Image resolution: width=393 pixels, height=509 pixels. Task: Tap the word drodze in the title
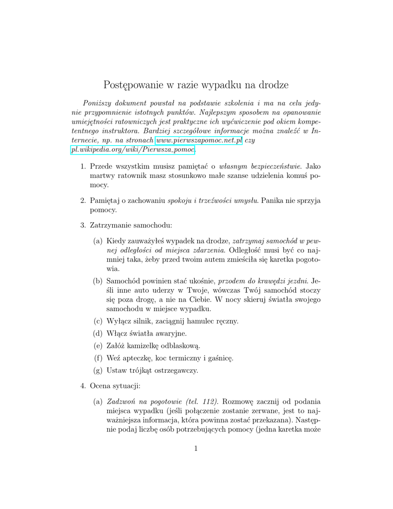272,85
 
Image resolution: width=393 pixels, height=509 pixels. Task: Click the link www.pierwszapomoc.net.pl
199,141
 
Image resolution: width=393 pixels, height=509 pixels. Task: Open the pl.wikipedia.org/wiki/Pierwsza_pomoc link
133,150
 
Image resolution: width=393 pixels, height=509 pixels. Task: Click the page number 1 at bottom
196,449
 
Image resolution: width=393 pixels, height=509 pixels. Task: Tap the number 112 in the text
212,401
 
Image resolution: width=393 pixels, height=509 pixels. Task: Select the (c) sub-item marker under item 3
98,321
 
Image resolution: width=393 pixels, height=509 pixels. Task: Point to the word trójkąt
140,370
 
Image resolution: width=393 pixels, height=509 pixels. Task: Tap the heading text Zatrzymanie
114,225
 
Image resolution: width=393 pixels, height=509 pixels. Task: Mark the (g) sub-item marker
98,370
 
